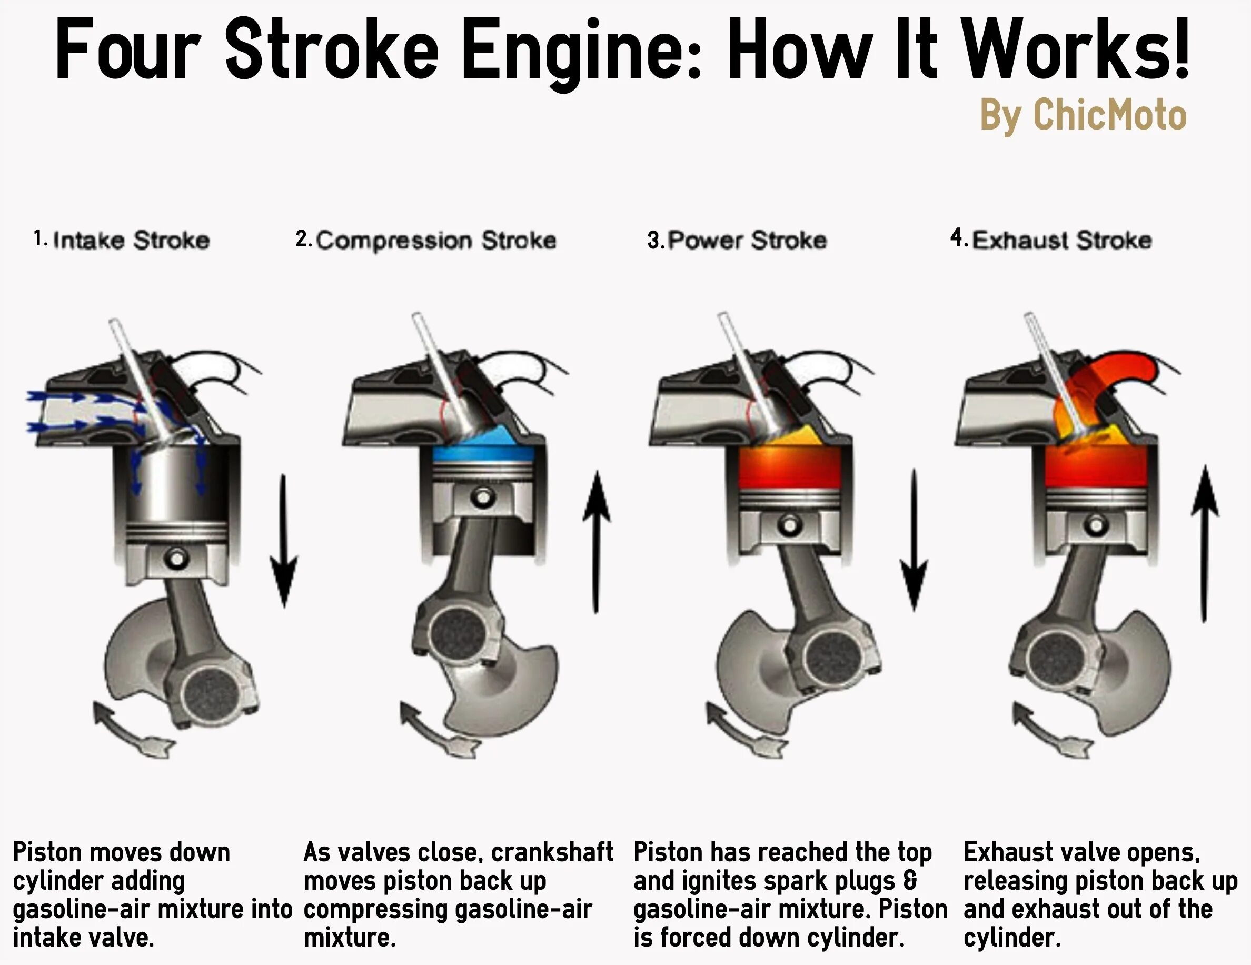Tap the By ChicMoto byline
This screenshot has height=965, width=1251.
tap(1083, 115)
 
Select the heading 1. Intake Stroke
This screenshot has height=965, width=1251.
tap(122, 240)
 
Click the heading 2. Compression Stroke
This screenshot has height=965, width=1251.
tap(425, 240)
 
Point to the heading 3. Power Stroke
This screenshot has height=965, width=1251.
tap(737, 240)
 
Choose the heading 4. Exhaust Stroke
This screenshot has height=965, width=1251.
tap(1050, 240)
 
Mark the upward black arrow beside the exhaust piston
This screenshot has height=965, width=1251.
tap(1205, 544)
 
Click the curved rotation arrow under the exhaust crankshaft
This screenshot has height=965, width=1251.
tap(1051, 733)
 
